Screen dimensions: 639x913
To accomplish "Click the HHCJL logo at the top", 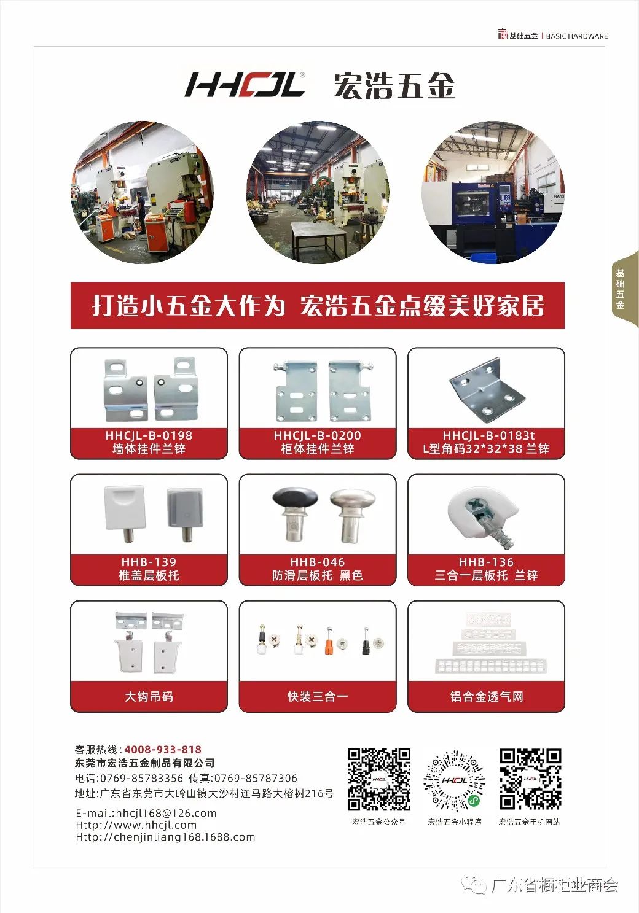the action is (x=245, y=85).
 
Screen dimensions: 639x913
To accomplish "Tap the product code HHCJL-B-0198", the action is (x=149, y=435).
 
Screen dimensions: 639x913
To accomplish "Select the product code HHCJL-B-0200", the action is (x=318, y=435).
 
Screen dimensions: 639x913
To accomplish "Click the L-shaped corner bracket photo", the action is (x=487, y=387).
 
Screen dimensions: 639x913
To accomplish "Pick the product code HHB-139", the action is (x=149, y=562).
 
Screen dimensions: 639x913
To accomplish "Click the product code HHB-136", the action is (x=486, y=562).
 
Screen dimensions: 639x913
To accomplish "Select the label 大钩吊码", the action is (x=149, y=696).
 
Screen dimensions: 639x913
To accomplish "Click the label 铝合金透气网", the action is (x=487, y=696).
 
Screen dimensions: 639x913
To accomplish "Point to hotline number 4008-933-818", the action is (x=163, y=749).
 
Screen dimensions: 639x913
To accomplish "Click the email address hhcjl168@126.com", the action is (x=166, y=813).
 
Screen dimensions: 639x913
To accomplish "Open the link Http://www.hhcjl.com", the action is (x=136, y=825).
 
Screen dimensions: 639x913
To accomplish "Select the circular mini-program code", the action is (x=454, y=780).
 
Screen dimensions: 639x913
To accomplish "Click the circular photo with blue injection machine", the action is (x=493, y=192).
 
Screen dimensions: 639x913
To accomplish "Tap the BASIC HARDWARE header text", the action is (x=576, y=36).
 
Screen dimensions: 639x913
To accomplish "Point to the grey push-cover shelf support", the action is (x=185, y=514).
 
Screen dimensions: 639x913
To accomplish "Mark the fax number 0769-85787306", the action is (x=256, y=778).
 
